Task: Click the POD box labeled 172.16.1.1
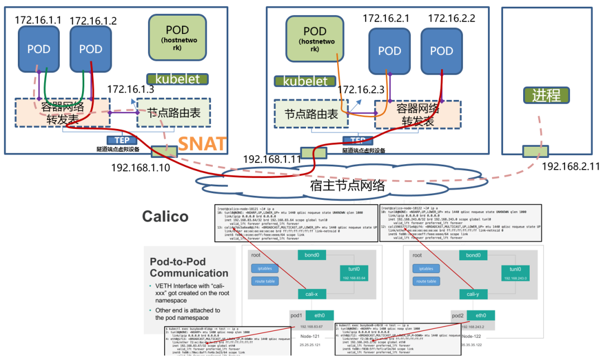(39, 49)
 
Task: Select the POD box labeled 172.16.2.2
(442, 51)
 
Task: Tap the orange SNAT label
(202, 144)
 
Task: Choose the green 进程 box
(546, 95)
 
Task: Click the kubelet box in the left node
(177, 79)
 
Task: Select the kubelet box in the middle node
(305, 81)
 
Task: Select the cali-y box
(472, 294)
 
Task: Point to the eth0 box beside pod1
(319, 315)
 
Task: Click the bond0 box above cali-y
(473, 255)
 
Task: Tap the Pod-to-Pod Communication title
(189, 267)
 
